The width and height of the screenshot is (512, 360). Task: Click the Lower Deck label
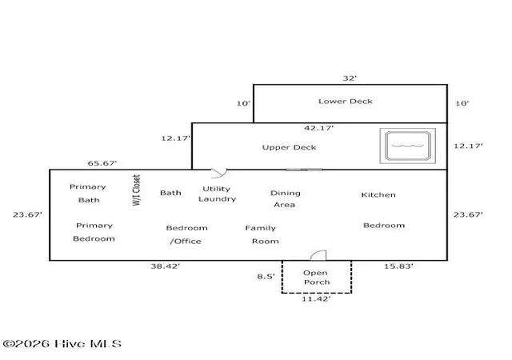tap(346, 102)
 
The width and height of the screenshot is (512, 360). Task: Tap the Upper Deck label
tap(290, 147)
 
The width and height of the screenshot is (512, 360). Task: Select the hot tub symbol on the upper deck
tap(407, 146)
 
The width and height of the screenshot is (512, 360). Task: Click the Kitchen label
tap(378, 194)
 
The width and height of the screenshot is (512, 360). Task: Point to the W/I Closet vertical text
tap(137, 190)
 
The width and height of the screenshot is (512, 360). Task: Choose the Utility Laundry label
tap(217, 194)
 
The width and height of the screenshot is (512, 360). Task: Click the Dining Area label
tap(285, 198)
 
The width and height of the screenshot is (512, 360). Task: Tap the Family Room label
tap(262, 234)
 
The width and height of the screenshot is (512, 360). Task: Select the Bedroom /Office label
tap(186, 234)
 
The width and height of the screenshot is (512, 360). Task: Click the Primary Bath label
tap(88, 194)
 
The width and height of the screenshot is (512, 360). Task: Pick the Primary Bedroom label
tap(94, 232)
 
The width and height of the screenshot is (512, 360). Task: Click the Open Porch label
tap(316, 278)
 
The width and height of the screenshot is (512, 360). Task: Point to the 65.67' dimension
tap(102, 163)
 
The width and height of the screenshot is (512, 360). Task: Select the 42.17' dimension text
tap(318, 128)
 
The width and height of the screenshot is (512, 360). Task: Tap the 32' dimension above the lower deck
tap(350, 78)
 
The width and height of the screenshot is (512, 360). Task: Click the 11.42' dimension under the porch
tap(316, 299)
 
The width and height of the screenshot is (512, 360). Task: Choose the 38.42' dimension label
tap(166, 266)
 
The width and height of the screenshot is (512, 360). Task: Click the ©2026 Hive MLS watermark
tap(62, 344)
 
